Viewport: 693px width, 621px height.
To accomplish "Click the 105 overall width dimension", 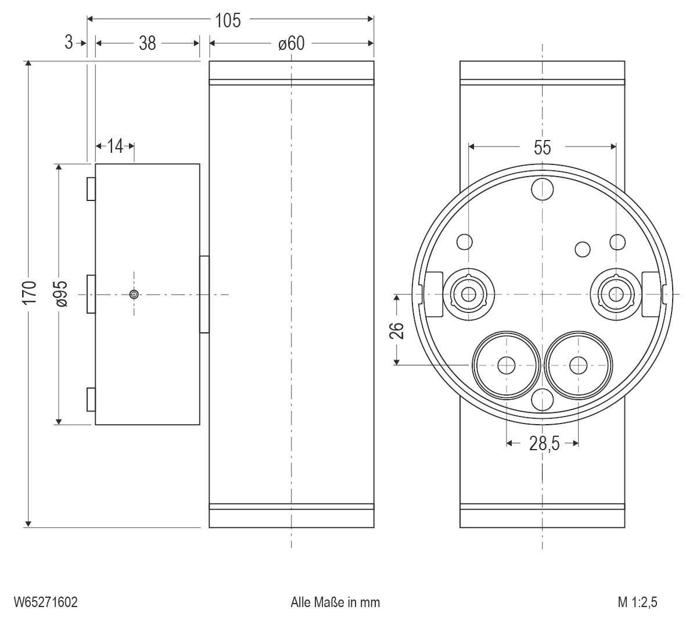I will [227, 20].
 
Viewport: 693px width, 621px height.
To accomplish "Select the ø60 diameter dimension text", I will [290, 43].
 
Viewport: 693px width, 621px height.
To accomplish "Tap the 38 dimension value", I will [148, 43].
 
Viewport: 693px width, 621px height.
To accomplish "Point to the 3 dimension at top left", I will [69, 42].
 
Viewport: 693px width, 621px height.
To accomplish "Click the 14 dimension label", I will [116, 146].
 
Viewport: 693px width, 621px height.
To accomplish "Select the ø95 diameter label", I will [61, 293].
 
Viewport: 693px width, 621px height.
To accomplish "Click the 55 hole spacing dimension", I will [542, 148].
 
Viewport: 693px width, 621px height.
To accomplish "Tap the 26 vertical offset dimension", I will [396, 331].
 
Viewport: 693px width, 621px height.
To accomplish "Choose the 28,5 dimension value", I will [544, 444].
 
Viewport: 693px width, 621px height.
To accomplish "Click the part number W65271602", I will [46, 602].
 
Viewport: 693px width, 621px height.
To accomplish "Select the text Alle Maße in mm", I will [335, 602].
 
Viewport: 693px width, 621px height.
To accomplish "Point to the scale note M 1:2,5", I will [637, 602].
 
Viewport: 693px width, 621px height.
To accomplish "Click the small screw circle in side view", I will [134, 295].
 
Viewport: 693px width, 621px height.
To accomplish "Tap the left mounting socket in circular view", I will [468, 295].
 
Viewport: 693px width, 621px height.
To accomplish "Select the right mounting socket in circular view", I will [615, 295].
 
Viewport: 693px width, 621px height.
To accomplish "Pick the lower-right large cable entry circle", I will [578, 365].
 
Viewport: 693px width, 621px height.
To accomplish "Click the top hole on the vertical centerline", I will [543, 188].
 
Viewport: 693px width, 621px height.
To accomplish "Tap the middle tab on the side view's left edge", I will [91, 294].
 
